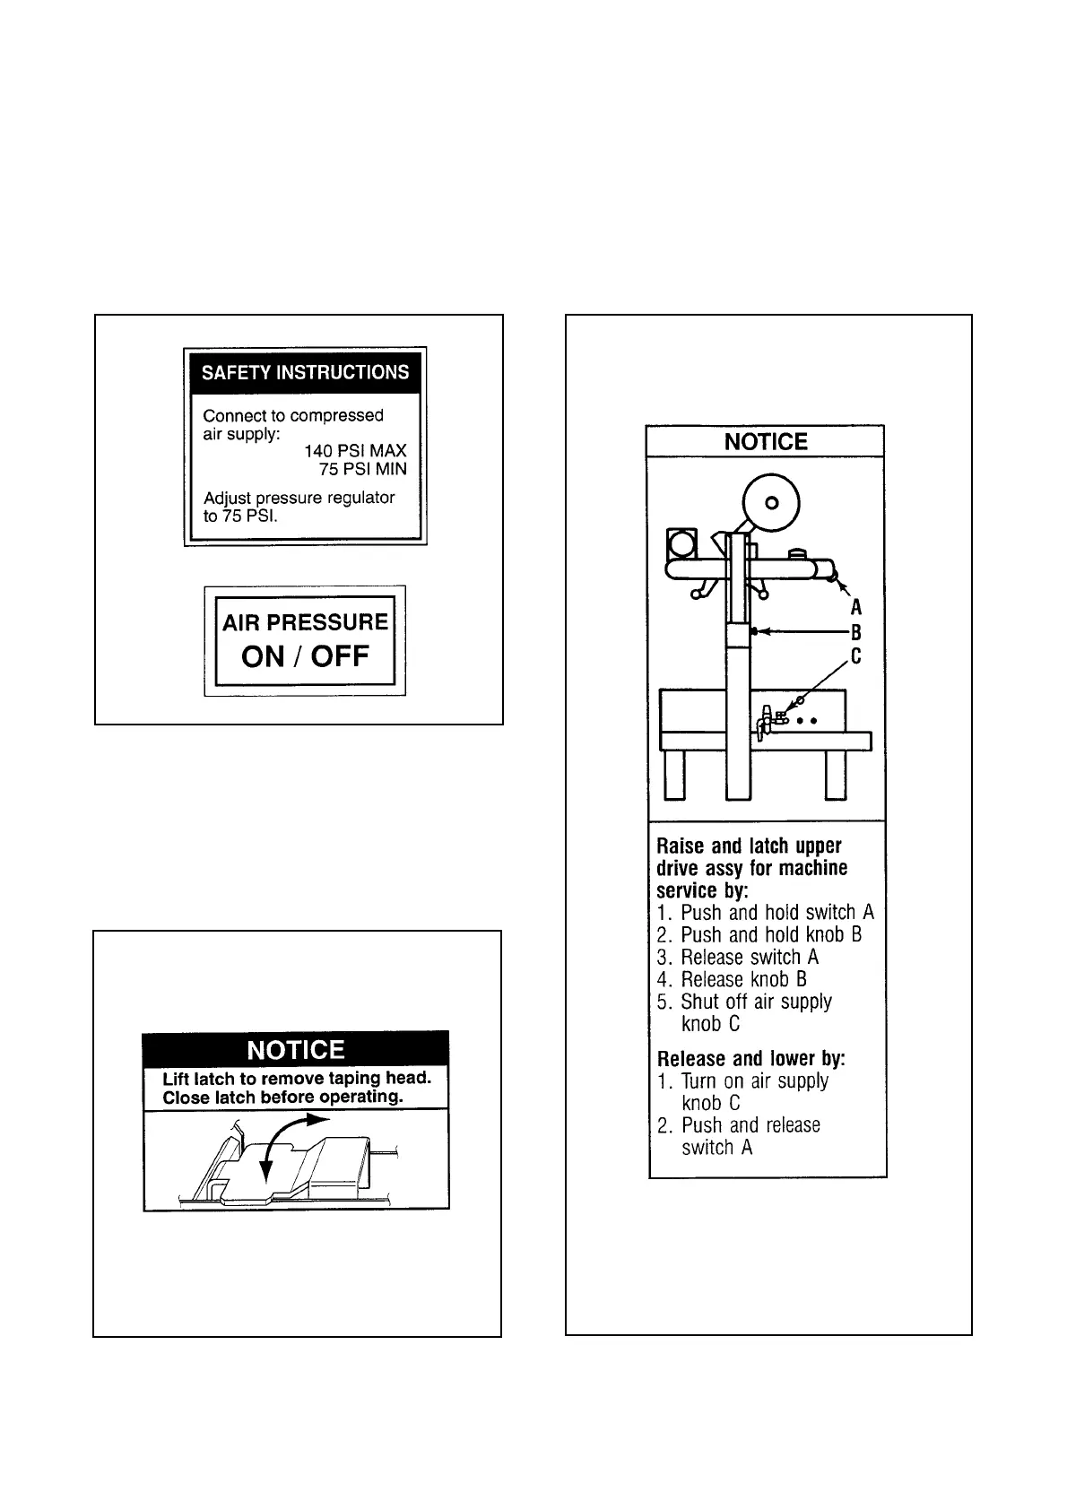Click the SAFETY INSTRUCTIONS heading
(305, 372)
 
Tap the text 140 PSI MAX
(355, 451)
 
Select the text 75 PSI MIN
(362, 469)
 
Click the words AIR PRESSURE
(305, 622)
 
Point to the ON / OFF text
(305, 656)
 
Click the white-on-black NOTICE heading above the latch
(296, 1050)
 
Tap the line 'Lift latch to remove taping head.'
(297, 1079)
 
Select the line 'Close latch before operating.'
(282, 1098)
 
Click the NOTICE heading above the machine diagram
(766, 441)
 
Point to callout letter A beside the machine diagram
(856, 608)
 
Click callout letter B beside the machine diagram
(856, 632)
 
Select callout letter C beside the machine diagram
(856, 656)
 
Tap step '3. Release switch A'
(738, 957)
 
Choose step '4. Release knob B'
(732, 979)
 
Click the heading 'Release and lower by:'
(751, 1058)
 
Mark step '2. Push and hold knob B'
(759, 934)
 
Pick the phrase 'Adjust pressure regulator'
(299, 498)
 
